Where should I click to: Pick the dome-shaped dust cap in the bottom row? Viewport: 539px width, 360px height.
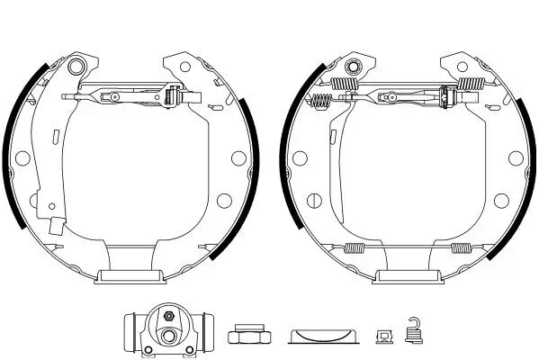[x=322, y=335]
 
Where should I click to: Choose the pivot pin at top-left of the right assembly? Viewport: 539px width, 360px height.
[x=353, y=67]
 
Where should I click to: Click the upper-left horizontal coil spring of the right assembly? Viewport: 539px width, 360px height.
[x=346, y=85]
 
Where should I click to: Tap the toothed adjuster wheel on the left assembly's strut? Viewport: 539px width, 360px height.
[x=170, y=96]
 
